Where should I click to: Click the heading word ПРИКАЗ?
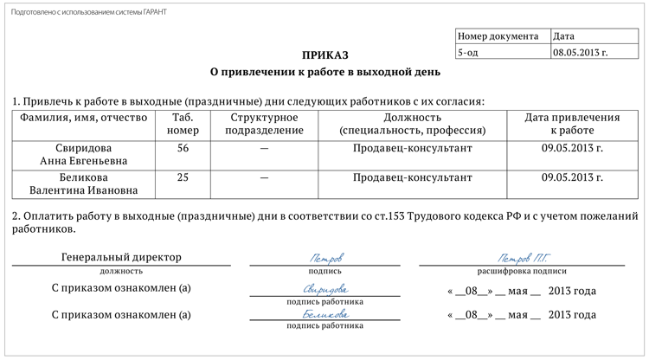click(x=324, y=54)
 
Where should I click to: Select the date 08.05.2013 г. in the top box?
click(x=580, y=52)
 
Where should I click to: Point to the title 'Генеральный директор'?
click(x=122, y=257)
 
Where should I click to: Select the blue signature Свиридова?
click(x=324, y=289)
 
